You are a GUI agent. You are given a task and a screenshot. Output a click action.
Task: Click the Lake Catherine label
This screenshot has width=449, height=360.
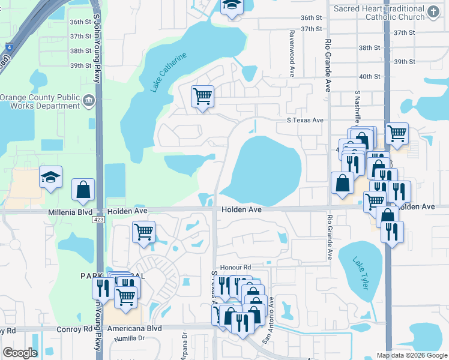coord(169,73)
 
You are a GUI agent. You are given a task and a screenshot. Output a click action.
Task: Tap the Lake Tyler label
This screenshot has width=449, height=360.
coord(359,274)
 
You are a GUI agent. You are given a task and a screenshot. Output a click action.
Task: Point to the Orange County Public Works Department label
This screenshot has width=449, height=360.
coord(41,101)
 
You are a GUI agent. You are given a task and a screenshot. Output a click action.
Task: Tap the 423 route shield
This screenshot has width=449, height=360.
coord(98,220)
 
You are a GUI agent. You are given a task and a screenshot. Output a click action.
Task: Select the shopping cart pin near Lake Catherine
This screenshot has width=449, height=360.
coord(203,96)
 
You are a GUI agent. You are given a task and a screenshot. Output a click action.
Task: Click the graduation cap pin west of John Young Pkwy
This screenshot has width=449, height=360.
coord(51,177)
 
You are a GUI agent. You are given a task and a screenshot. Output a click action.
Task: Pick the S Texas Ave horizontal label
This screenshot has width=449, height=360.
coord(304,120)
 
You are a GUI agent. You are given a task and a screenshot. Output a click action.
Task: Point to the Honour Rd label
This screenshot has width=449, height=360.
coord(235,268)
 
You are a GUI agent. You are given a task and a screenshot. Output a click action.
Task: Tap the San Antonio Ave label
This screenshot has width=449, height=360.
coord(268,320)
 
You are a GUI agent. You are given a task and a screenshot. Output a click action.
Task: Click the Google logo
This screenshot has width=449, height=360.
coord(20,353)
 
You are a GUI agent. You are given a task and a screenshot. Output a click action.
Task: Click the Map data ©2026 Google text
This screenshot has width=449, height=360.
coord(412,355)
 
